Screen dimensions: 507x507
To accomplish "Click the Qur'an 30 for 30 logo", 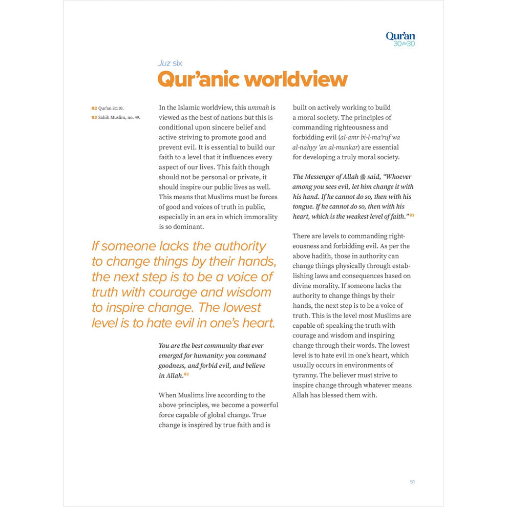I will pyautogui.click(x=400, y=38).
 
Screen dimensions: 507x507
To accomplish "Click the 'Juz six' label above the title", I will pyautogui.click(x=170, y=64).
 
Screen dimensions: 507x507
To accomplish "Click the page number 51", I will pyautogui.click(x=412, y=481).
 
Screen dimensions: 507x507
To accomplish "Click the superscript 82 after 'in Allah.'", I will pyautogui.click(x=186, y=374).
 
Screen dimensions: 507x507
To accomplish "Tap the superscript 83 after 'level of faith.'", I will pyautogui.click(x=411, y=216).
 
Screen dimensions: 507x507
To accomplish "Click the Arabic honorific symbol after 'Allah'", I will pyautogui.click(x=363, y=177).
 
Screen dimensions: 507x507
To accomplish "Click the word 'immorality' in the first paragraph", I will pyautogui.click(x=261, y=217).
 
